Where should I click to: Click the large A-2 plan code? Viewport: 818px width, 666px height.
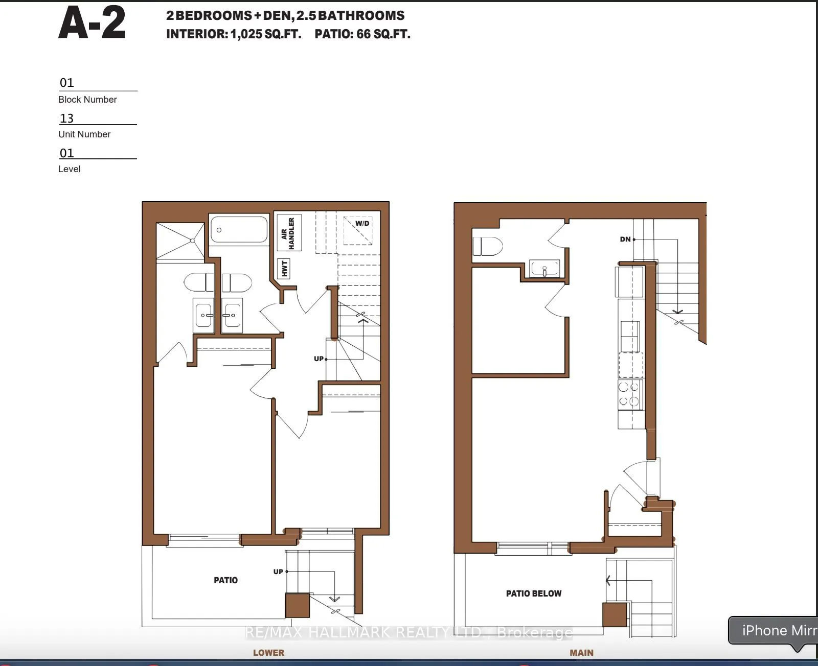[x=92, y=24]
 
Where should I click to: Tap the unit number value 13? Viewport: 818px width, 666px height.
[x=67, y=118]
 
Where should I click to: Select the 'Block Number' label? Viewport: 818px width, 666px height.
[x=87, y=100]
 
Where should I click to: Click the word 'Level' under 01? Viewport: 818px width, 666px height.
[x=69, y=169]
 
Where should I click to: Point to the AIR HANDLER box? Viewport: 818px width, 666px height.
[x=288, y=233]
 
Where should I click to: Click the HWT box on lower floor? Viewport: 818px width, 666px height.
[x=284, y=269]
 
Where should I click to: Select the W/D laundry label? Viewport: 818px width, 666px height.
[x=362, y=224]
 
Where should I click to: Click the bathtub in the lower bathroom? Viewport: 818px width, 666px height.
[x=239, y=230]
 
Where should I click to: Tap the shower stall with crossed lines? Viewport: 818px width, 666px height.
[x=180, y=241]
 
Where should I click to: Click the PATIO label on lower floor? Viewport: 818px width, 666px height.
[x=225, y=580]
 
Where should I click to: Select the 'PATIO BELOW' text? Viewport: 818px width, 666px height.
[x=533, y=593]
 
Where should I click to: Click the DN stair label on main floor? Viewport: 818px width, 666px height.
[x=625, y=239]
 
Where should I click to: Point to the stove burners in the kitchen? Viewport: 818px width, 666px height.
[x=629, y=394]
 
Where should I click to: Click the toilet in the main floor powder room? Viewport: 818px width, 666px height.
[x=487, y=246]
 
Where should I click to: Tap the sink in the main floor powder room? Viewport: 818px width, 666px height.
[x=545, y=269]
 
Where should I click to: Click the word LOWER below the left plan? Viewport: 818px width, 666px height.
[x=268, y=653]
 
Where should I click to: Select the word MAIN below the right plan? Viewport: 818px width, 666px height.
[x=581, y=653]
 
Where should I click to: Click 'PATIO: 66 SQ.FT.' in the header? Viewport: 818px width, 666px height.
[x=362, y=34]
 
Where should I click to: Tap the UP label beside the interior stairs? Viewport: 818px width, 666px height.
[x=319, y=359]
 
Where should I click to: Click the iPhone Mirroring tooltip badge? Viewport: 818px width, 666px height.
[x=775, y=631]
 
